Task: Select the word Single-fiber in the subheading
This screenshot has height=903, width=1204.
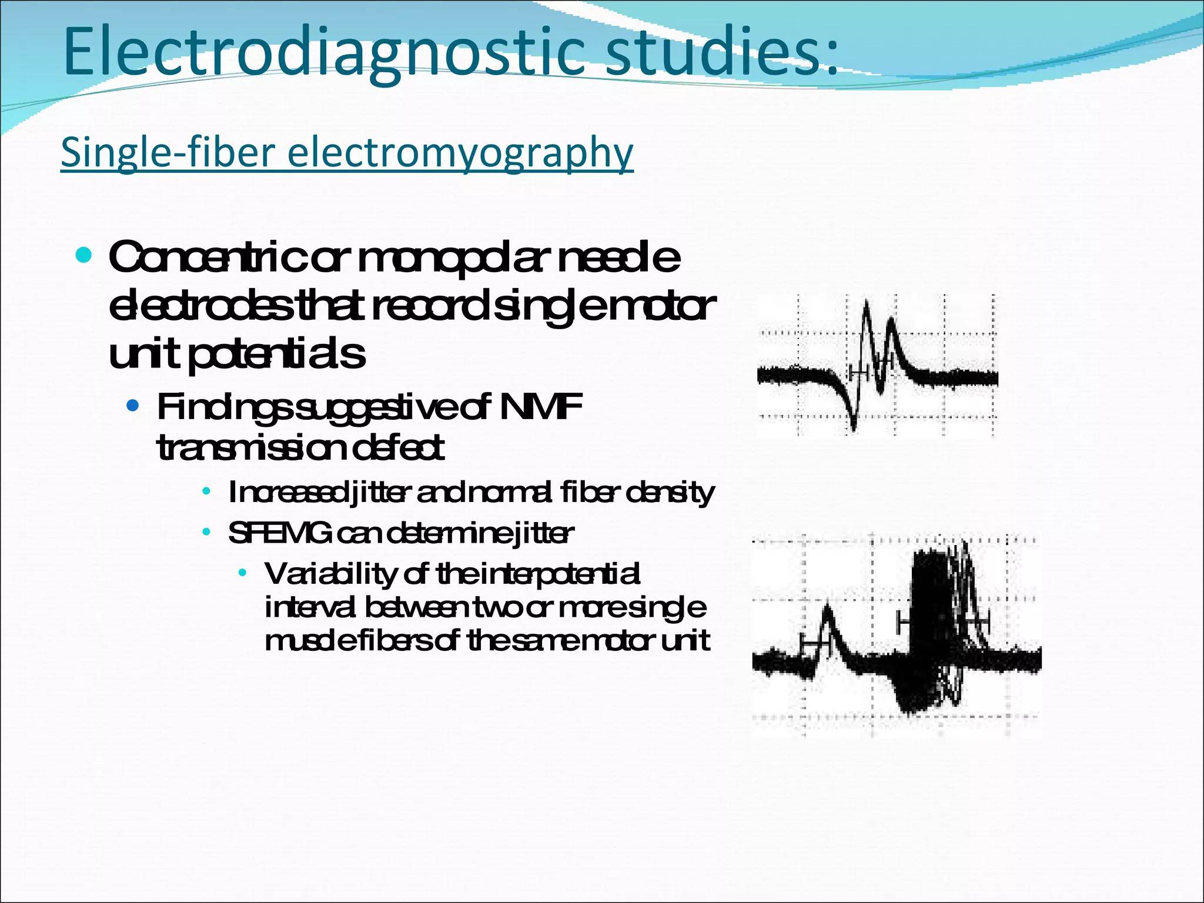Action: [168, 152]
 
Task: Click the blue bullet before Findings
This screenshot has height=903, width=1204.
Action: [133, 406]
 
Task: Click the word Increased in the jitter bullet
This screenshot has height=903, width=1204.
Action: [288, 493]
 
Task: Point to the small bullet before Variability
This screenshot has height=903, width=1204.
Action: [243, 573]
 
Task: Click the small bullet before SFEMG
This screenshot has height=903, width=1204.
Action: [206, 533]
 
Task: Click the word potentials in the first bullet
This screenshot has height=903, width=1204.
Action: [276, 354]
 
